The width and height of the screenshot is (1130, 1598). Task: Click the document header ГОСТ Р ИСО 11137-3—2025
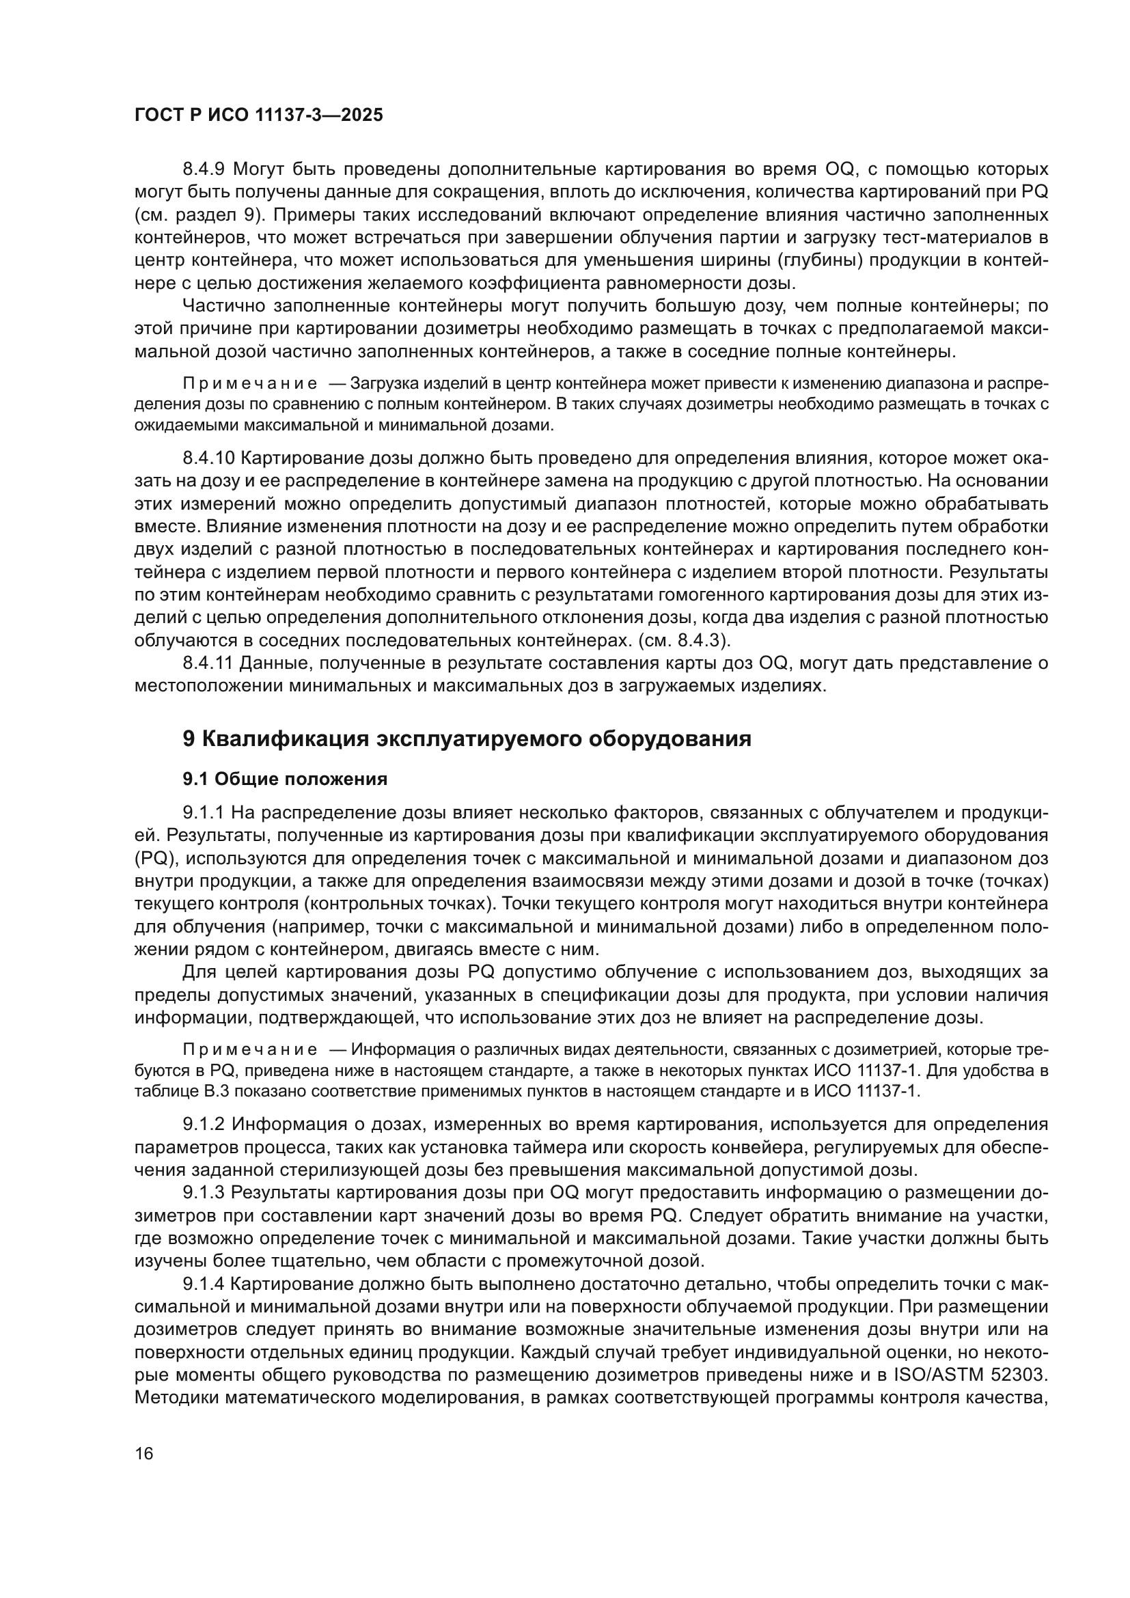(x=258, y=115)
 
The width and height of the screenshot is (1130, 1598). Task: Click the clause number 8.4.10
(x=210, y=458)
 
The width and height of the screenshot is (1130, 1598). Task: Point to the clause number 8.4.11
(x=209, y=663)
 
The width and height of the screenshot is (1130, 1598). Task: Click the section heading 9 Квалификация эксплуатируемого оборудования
(x=467, y=739)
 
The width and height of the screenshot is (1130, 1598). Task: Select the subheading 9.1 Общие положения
(x=285, y=779)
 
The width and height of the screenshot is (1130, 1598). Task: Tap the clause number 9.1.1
(x=204, y=812)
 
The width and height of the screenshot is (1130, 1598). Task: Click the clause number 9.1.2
(x=204, y=1125)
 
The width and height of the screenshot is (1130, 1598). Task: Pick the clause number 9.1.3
(x=204, y=1193)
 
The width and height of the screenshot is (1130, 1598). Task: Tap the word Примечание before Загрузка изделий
(x=250, y=383)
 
